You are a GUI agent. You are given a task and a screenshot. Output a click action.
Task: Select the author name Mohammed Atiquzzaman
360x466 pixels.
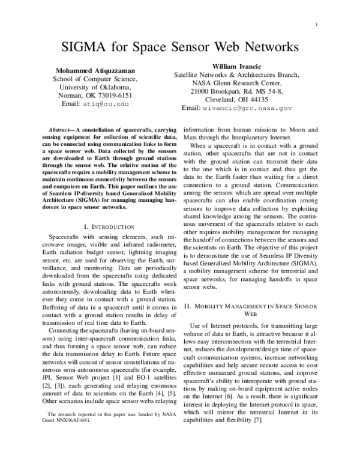95,70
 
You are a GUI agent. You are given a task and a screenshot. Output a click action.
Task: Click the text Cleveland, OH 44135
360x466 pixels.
236,100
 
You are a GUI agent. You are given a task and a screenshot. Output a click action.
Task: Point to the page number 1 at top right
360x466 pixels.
316,23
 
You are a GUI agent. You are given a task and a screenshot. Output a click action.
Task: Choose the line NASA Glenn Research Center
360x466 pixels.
236,83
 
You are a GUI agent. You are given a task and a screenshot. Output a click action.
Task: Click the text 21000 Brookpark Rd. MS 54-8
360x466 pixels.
236,91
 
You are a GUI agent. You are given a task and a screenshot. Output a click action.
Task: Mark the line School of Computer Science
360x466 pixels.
95,78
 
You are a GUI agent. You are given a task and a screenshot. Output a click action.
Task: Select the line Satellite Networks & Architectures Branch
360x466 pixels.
236,74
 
